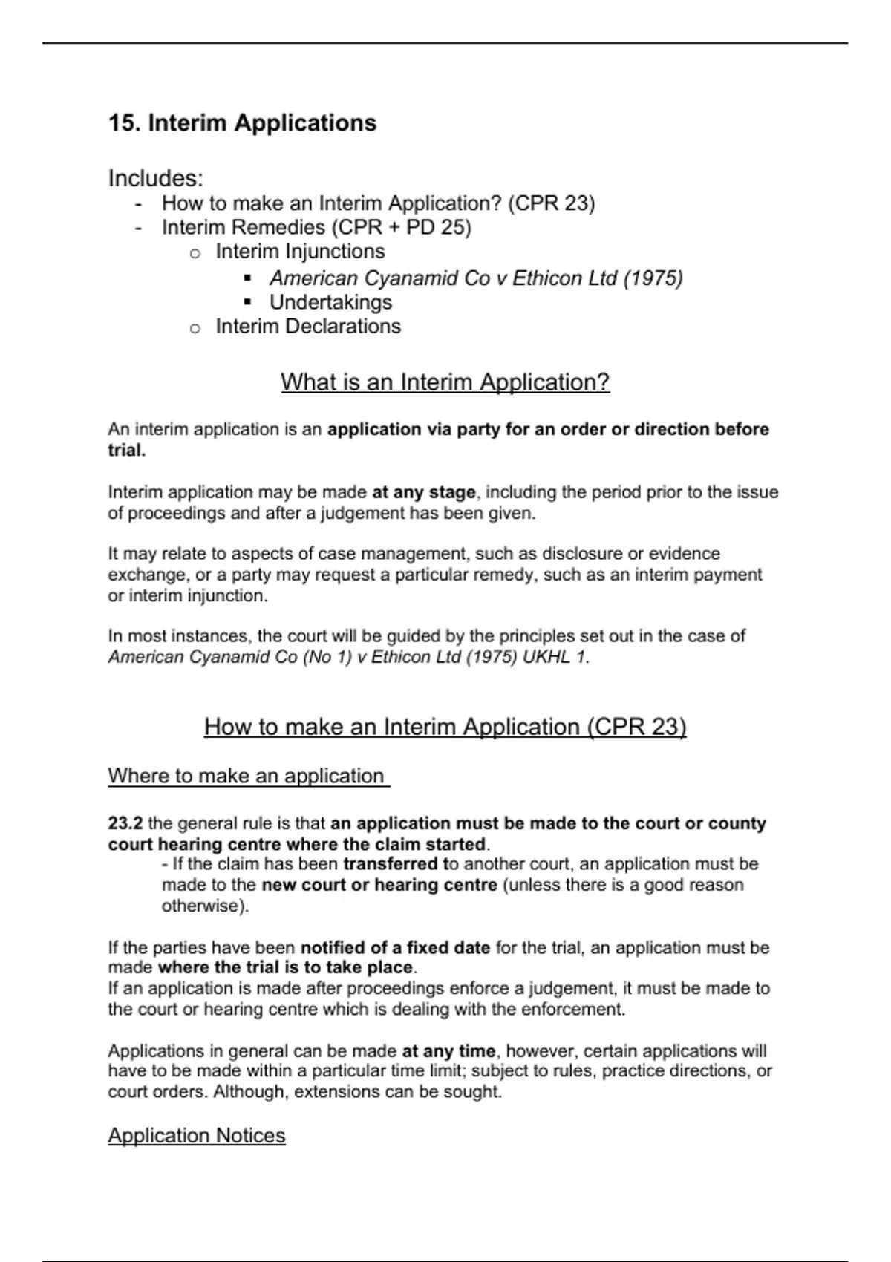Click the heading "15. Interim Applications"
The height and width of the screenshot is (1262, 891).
(242, 122)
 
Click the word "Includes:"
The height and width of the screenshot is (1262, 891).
(155, 178)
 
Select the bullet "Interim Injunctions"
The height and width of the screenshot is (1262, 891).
(300, 252)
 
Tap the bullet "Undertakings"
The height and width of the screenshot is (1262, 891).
(330, 302)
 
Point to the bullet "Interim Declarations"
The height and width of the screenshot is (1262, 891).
(308, 327)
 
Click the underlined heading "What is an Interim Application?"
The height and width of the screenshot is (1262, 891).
(445, 382)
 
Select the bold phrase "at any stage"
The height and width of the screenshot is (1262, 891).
(423, 492)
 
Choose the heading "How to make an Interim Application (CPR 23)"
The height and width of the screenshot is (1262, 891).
(445, 727)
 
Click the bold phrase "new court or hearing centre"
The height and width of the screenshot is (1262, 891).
(379, 885)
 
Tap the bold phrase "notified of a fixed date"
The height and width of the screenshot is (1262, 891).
(395, 948)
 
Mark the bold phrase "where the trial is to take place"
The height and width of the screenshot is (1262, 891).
(285, 968)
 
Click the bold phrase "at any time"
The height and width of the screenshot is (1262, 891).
(448, 1051)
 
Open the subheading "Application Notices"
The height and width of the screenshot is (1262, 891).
(197, 1136)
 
